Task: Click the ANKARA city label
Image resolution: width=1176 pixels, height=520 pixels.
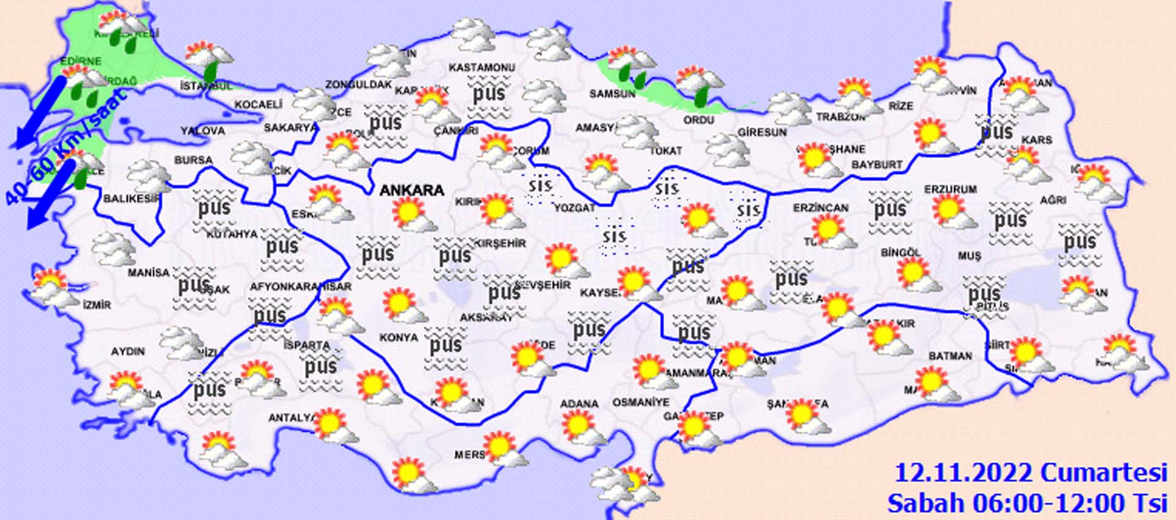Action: [x=412, y=190]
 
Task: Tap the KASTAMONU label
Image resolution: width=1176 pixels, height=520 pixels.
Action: [x=482, y=67]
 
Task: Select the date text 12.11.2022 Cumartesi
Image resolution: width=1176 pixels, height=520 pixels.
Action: [x=1031, y=473]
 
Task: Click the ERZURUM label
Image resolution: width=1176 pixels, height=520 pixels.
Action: [x=951, y=190]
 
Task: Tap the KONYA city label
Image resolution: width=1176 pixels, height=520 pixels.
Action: [x=399, y=337]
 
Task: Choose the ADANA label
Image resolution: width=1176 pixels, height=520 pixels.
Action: [x=579, y=404]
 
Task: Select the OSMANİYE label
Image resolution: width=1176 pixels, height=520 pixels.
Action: [x=641, y=402]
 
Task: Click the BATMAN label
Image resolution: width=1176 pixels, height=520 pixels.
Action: [x=950, y=356]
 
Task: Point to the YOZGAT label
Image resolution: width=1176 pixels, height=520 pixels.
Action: [x=575, y=208]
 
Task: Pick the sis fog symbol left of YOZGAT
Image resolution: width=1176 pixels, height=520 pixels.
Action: [x=540, y=185]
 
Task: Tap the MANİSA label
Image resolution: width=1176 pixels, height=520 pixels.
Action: [x=148, y=272]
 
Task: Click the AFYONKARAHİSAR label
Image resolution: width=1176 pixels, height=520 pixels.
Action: [x=300, y=287]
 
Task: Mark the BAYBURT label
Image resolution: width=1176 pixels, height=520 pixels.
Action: [x=876, y=165]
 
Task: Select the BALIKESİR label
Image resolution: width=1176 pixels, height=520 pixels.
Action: [x=131, y=198]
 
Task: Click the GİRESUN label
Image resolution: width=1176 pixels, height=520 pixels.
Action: [x=762, y=132]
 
